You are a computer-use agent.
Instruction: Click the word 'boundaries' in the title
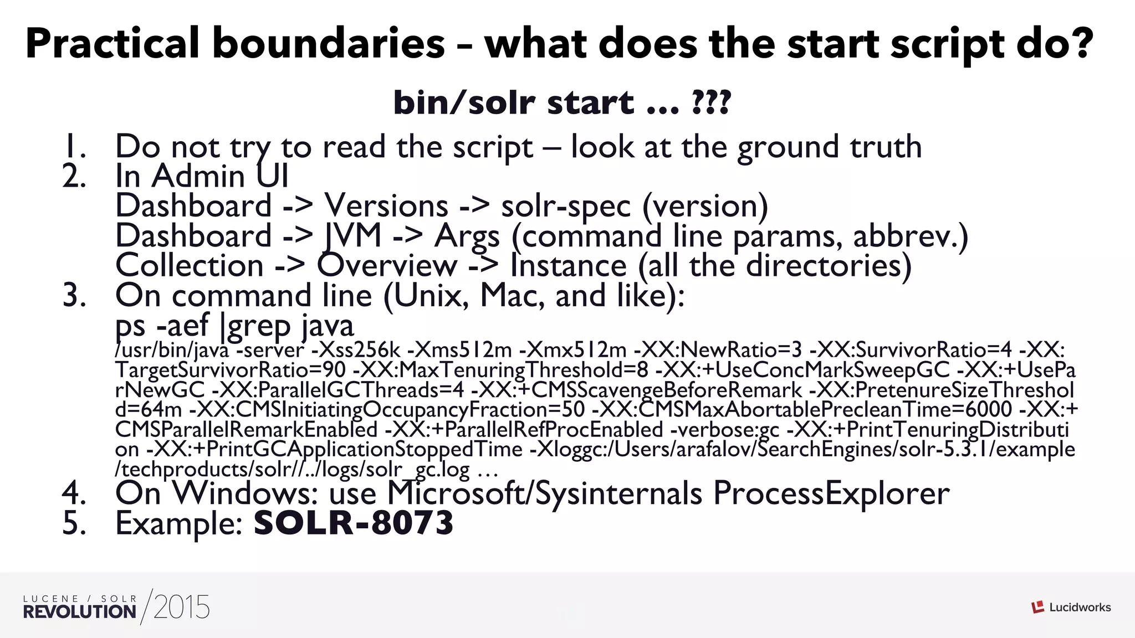[x=329, y=44]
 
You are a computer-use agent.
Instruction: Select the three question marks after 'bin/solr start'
[x=712, y=103]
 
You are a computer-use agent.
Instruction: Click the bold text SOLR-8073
[x=354, y=523]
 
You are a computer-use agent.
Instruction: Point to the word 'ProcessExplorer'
[x=831, y=493]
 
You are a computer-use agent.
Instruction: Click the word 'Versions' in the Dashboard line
[x=386, y=206]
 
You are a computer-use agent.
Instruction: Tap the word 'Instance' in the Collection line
[x=568, y=265]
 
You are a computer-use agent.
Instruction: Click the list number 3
[x=74, y=295]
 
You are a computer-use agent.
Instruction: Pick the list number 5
[x=74, y=523]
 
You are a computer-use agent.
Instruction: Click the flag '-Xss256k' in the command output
[x=356, y=350]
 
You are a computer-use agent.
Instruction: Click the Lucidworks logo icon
[x=1037, y=607]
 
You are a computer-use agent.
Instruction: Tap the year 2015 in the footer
[x=182, y=608]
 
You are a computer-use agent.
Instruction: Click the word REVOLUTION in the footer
[x=80, y=612]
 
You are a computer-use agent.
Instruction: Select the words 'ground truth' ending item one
[x=830, y=147]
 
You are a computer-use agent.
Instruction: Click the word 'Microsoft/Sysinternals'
[x=545, y=493]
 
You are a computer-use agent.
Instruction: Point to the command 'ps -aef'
[x=162, y=326]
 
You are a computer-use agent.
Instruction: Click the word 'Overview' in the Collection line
[x=387, y=265]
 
